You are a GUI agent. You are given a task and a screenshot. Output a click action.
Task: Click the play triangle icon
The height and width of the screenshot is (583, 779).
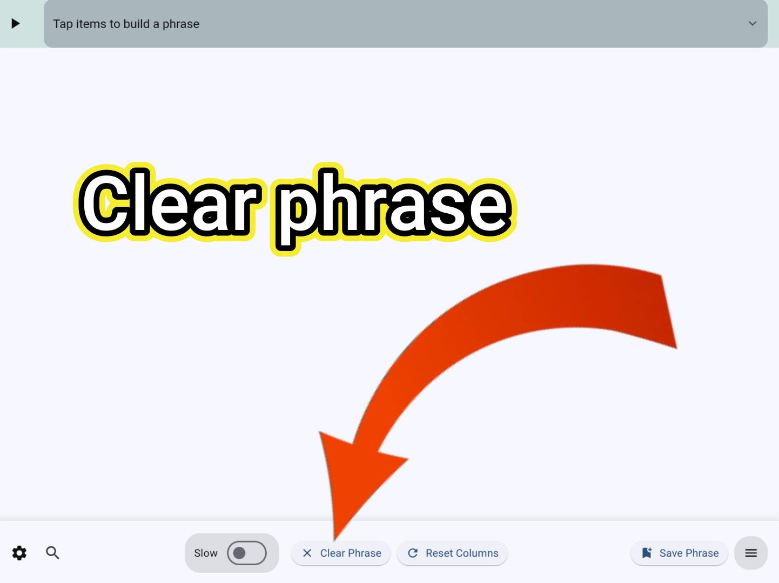(x=16, y=23)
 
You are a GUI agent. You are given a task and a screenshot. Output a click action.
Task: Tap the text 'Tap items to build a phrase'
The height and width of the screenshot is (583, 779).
(x=126, y=24)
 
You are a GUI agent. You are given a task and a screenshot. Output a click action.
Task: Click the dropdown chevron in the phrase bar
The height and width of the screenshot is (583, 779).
(x=752, y=23)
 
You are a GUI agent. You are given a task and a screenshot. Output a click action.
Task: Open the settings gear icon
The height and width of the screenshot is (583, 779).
(x=19, y=553)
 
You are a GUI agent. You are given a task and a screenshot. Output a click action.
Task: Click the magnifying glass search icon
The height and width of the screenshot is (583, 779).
(x=52, y=552)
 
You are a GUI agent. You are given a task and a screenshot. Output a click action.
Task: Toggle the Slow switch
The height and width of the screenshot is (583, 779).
(x=246, y=553)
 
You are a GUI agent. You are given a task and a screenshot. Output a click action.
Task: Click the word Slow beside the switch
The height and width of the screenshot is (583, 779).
(x=205, y=553)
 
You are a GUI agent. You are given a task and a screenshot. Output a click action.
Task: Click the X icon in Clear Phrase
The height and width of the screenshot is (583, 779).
(x=307, y=553)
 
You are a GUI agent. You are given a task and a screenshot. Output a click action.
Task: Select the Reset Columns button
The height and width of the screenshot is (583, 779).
(x=452, y=553)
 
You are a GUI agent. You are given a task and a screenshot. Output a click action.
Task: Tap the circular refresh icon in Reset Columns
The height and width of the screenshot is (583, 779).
(x=413, y=553)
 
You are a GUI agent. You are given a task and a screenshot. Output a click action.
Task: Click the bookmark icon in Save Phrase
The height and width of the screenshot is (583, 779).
(x=647, y=553)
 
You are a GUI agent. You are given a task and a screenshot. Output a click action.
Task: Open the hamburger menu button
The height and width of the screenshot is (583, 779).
(x=751, y=553)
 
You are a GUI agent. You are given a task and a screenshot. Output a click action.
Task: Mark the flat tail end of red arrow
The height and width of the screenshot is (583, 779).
(x=669, y=311)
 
